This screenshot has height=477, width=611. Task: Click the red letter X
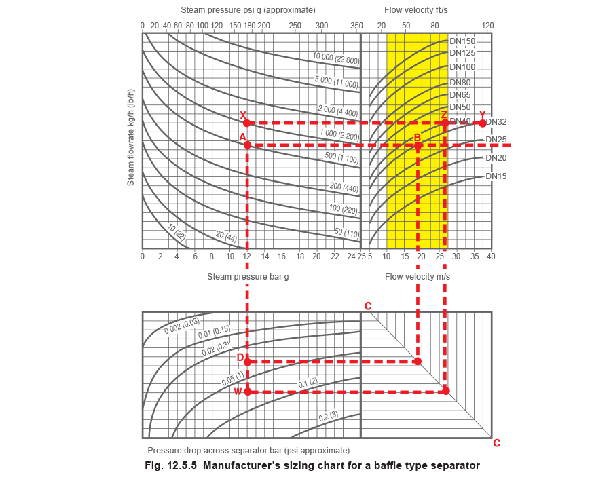coord(243,115)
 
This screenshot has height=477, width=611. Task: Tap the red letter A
coord(242,138)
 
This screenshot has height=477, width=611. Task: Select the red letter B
coord(418,138)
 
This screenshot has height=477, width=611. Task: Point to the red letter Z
coord(444,115)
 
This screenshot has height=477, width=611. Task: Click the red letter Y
coord(483,115)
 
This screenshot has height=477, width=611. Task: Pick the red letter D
coord(240,357)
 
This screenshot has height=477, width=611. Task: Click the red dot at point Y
coord(483,123)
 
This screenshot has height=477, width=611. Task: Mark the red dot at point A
coord(248,145)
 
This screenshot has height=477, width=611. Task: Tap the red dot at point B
coord(418,146)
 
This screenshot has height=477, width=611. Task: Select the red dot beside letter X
coord(248,123)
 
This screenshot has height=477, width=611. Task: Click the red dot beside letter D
coord(248,362)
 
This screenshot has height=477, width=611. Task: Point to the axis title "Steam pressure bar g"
coord(248,277)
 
